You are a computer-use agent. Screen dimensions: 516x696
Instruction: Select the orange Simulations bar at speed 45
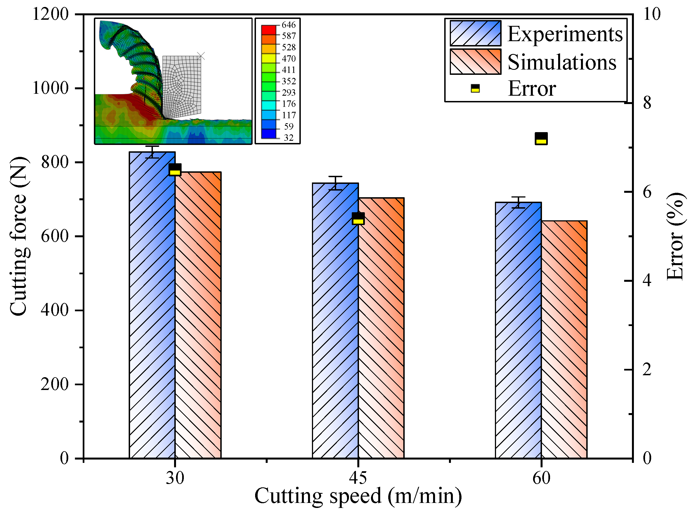pyautogui.click(x=381, y=328)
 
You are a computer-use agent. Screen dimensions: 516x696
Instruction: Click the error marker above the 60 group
pyautogui.click(x=541, y=138)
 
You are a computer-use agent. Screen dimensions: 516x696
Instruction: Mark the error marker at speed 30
pyautogui.click(x=175, y=170)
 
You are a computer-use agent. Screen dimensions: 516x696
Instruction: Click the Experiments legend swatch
pyautogui.click(x=475, y=33)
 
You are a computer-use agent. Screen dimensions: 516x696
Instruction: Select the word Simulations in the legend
pyautogui.click(x=561, y=62)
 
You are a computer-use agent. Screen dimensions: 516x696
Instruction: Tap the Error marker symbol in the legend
pyautogui.click(x=475, y=88)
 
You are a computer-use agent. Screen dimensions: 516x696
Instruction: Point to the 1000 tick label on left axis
pyautogui.click(x=50, y=88)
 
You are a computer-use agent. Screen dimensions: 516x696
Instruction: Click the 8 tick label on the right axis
pyautogui.click(x=647, y=103)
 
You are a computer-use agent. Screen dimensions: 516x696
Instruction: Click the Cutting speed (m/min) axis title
pyautogui.click(x=358, y=496)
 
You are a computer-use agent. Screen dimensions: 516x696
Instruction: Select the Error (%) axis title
pyautogui.click(x=675, y=236)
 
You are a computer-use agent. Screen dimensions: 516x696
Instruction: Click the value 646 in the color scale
pyautogui.click(x=288, y=25)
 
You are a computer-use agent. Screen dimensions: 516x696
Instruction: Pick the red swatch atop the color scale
pyautogui.click(x=268, y=30)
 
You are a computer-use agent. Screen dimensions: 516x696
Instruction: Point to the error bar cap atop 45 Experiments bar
pyautogui.click(x=335, y=177)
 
